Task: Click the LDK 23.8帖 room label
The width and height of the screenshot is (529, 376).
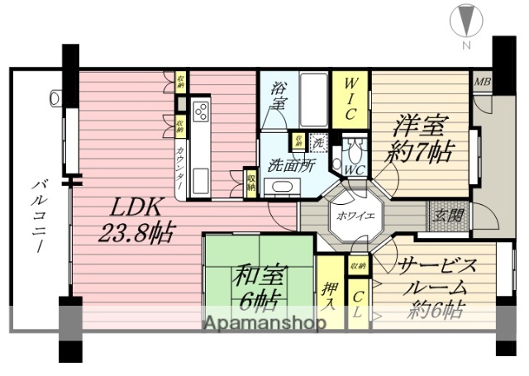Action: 136,219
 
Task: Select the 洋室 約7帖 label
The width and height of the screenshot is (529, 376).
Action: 418,138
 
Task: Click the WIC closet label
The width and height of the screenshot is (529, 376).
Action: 350,97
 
